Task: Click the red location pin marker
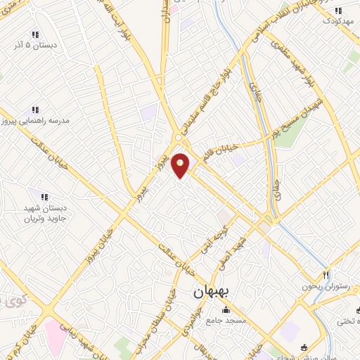click(x=181, y=165)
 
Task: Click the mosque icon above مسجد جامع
click(x=226, y=309)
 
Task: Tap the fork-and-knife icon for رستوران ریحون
click(x=326, y=274)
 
